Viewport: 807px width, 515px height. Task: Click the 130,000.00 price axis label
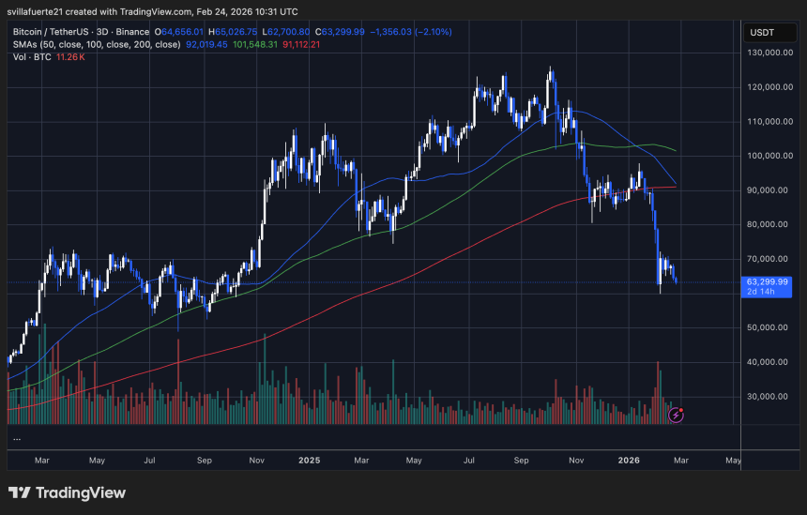[x=772, y=53]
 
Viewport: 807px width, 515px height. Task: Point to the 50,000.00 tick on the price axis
[x=772, y=327]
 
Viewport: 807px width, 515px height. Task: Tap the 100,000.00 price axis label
[x=772, y=156]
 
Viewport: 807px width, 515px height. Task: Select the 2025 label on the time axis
[x=310, y=461]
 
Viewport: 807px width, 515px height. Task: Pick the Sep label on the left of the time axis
[x=204, y=461]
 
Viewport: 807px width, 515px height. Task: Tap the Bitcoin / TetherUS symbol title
[x=55, y=31]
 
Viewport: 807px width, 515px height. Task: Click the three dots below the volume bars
[x=17, y=438]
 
